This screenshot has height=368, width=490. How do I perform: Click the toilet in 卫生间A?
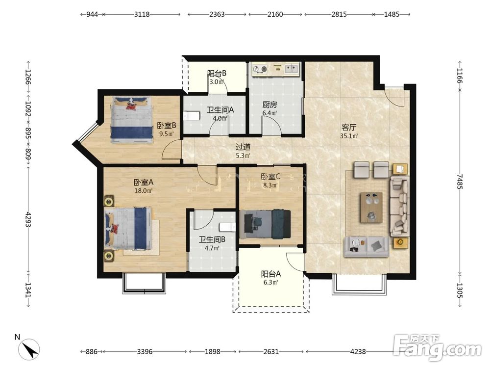[x=192, y=116]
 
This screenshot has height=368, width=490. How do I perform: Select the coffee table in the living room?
[x=371, y=207]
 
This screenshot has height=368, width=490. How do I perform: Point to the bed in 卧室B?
[x=131, y=120]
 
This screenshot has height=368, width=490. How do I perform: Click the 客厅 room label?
[x=349, y=128]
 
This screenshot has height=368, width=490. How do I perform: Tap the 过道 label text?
[x=243, y=147]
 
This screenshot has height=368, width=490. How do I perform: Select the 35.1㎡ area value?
[x=349, y=136]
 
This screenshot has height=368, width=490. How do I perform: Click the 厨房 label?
[x=269, y=105]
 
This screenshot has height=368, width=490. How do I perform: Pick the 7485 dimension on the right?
[x=460, y=181]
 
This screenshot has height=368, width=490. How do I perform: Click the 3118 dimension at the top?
[x=142, y=14]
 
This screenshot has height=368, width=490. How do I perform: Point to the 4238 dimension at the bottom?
[x=358, y=352]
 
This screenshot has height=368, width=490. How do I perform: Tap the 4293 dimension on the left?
[x=28, y=220]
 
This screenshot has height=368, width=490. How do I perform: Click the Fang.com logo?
[x=438, y=347]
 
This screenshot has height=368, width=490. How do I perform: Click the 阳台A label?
[x=271, y=274]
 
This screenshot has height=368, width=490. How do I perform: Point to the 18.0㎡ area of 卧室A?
[x=144, y=190]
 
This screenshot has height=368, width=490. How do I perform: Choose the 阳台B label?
[x=217, y=74]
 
